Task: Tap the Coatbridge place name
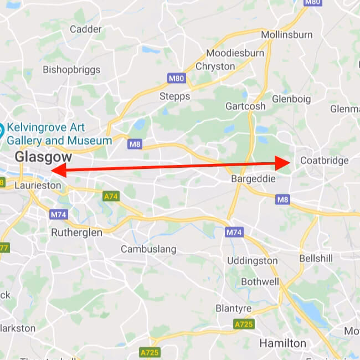(x=324, y=161)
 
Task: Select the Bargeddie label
(x=253, y=179)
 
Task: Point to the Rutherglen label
(x=76, y=233)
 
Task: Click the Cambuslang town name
(x=148, y=249)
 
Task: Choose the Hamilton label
(x=282, y=343)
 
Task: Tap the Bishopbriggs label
(x=72, y=70)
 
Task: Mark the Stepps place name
(x=174, y=96)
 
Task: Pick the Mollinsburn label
(x=286, y=35)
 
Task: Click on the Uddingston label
(x=253, y=260)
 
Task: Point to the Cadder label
(x=86, y=29)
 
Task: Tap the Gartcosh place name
(x=245, y=106)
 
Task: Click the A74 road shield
(x=111, y=196)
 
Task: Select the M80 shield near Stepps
(x=176, y=79)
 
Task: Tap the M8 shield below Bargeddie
(x=283, y=199)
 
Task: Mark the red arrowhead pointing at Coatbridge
(x=286, y=162)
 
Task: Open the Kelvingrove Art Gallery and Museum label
(x=58, y=133)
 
